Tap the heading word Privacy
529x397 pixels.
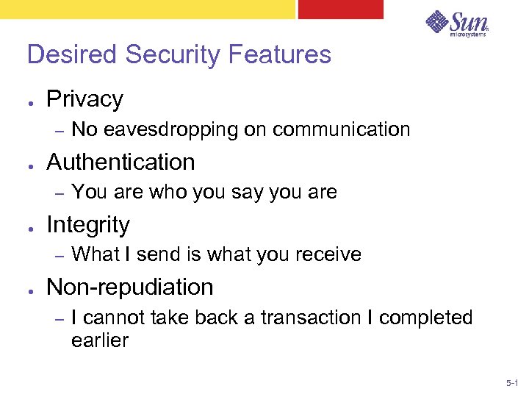pos(84,99)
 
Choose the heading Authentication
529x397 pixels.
pos(120,162)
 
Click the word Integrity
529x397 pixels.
pos(87,225)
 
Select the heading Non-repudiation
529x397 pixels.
pos(129,287)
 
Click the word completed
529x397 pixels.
pos(425,318)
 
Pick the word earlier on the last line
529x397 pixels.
pos(100,340)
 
